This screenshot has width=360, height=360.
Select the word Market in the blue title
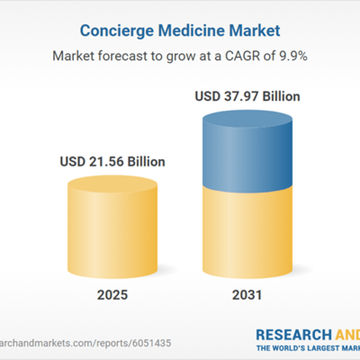click(256, 31)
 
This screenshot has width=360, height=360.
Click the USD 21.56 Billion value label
click(112, 162)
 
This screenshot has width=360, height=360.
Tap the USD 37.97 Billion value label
click(247, 96)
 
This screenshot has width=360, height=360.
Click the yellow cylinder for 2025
click(112, 232)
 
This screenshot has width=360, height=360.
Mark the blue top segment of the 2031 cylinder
click(247, 155)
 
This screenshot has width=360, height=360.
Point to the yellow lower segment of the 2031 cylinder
click(247, 232)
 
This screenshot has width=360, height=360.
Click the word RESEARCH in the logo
click(294, 334)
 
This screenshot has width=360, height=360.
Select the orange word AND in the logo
click(347, 334)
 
